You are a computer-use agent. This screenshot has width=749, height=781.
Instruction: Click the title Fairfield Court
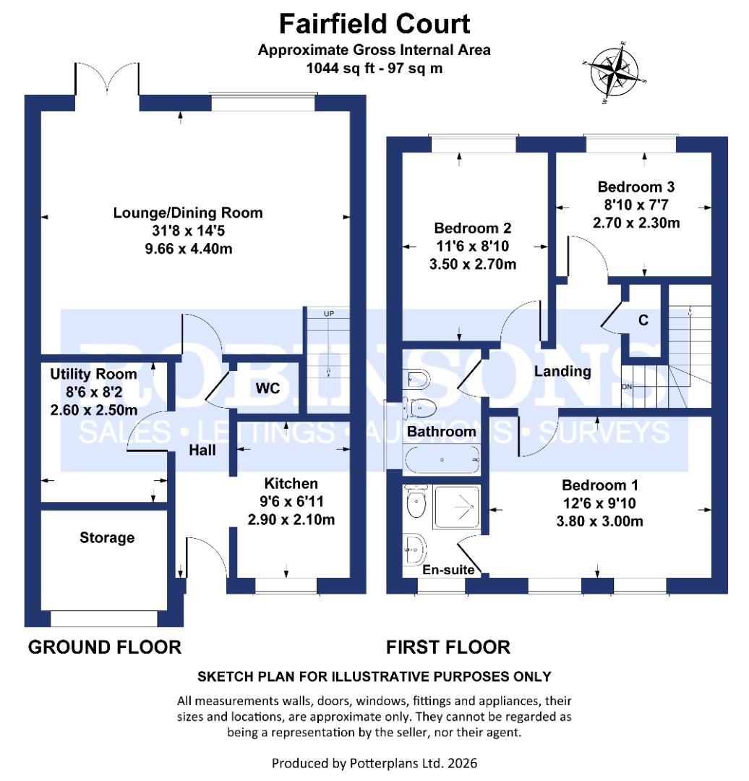point(374,24)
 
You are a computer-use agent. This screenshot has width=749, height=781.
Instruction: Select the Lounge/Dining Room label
point(188,213)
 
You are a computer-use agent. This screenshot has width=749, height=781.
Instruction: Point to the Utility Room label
point(93,374)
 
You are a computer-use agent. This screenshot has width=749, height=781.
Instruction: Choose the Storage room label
point(107,537)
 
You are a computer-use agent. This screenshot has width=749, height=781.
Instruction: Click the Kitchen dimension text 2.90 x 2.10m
point(291,519)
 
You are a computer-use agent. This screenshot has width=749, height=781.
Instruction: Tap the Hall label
point(202,450)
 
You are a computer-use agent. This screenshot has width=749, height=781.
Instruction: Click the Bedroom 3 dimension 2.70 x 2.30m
point(636,223)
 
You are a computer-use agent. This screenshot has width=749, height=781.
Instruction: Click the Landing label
point(563,372)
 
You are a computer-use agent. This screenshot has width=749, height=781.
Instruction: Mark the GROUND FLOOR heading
point(105,646)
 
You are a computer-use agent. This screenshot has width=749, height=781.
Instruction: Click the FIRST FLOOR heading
point(448,646)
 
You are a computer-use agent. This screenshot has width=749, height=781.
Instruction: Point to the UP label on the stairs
point(328,313)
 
